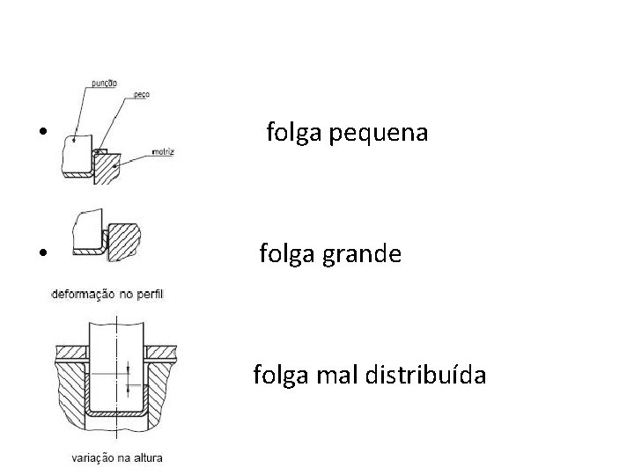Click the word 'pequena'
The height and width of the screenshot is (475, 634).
(386, 134)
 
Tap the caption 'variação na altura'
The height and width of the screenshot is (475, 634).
(116, 457)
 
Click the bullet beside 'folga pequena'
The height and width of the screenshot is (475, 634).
(42, 134)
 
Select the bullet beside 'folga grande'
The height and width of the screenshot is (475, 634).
(42, 255)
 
